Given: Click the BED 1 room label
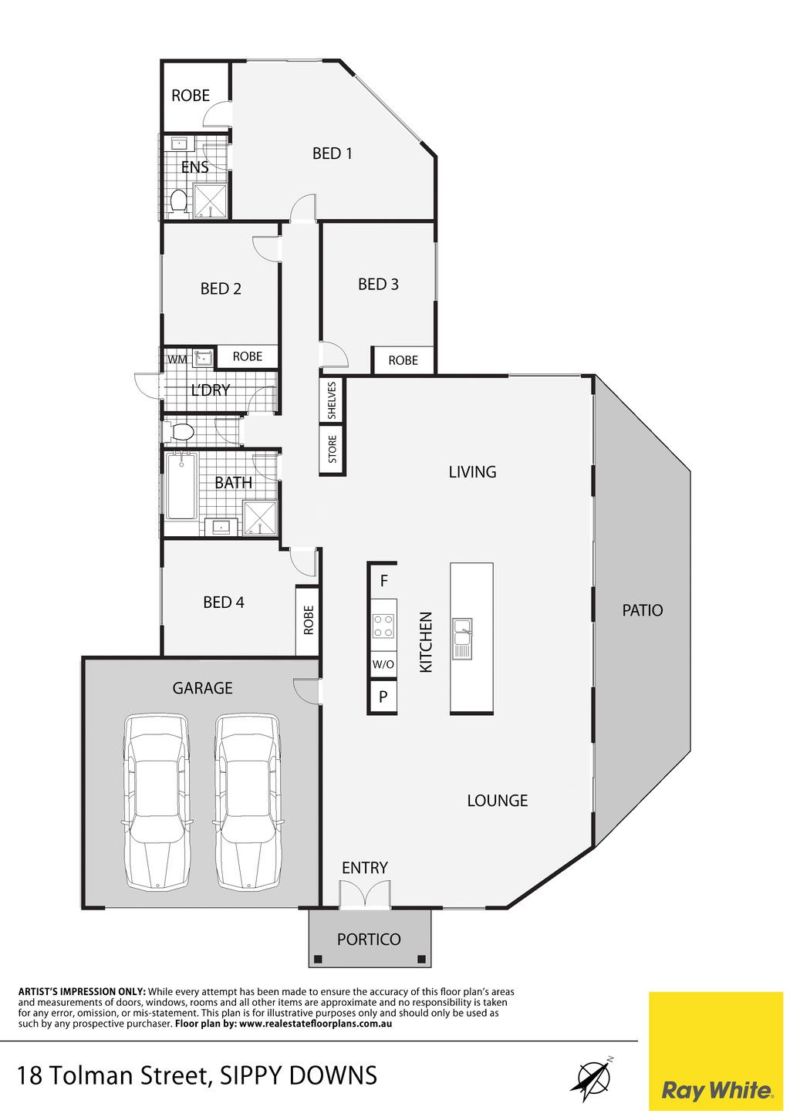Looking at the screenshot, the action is [x=333, y=153].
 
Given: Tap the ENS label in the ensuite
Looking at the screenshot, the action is [x=194, y=167].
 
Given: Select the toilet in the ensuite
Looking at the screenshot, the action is [x=178, y=201].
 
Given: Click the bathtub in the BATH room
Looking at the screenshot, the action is [x=181, y=486].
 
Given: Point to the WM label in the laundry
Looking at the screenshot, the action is [x=177, y=359].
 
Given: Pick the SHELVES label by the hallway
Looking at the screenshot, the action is [x=333, y=400].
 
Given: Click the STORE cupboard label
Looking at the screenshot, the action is [x=333, y=449].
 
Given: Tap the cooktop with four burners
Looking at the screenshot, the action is [x=383, y=626].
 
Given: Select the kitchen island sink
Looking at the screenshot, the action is [x=462, y=638].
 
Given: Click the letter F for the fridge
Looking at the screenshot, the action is [x=383, y=580].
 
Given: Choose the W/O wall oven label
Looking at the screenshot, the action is [x=383, y=664].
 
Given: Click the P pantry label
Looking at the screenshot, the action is [x=383, y=697].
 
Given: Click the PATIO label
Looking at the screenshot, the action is [x=643, y=610].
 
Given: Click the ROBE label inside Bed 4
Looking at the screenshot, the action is [x=309, y=620].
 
